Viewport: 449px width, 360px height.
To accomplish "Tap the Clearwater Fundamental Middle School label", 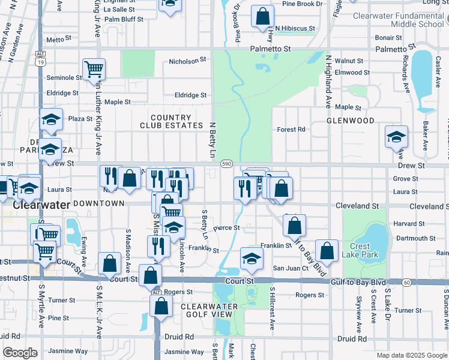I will (x=400, y=20).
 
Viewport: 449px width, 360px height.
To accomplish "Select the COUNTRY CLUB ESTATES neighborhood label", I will (x=171, y=122).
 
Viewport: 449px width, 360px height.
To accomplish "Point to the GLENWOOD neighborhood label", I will (x=350, y=121).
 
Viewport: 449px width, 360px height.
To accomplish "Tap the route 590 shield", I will (x=226, y=163).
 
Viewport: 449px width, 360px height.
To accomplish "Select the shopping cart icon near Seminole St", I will (x=94, y=70).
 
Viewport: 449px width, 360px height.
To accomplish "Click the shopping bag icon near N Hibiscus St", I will (x=262, y=16).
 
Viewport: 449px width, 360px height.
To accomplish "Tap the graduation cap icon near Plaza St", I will (x=52, y=119).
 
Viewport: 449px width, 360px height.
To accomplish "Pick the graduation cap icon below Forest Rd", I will (x=396, y=137).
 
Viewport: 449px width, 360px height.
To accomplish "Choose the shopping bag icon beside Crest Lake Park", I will (x=327, y=251).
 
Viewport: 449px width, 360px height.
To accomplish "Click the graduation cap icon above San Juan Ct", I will (x=252, y=259).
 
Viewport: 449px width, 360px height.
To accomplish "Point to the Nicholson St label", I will (x=187, y=61).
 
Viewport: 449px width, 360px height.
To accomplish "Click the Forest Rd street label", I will (x=291, y=129).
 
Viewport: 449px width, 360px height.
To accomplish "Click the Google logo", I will (x=20, y=353).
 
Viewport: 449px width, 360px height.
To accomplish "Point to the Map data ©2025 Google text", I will (x=411, y=355).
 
